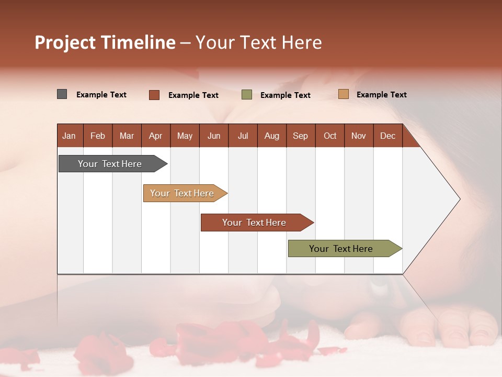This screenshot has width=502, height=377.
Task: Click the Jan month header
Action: click(x=69, y=136)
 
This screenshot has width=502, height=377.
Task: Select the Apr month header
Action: click(x=155, y=136)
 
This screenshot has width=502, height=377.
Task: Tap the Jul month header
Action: click(x=243, y=136)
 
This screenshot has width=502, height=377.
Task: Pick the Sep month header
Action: click(x=300, y=136)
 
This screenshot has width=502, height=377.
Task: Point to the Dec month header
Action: click(x=387, y=136)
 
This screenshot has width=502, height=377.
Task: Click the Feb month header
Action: click(x=98, y=136)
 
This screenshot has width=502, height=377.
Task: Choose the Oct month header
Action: click(x=330, y=136)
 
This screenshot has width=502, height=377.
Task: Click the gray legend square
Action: click(x=62, y=94)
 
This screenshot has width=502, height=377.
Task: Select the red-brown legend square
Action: click(x=154, y=95)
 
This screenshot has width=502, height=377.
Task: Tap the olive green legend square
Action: click(x=247, y=95)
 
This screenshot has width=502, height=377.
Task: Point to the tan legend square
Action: click(x=344, y=94)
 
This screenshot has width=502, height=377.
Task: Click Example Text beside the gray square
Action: click(x=101, y=95)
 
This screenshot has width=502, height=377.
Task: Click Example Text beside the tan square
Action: click(x=382, y=95)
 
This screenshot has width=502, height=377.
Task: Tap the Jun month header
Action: click(x=214, y=136)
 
